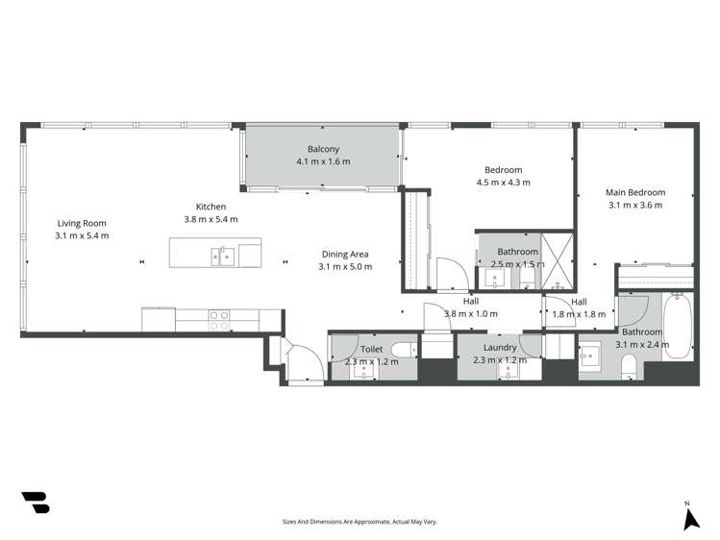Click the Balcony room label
324,149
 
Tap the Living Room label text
82,223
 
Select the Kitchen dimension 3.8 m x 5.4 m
211,219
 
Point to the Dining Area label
344,255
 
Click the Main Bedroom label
635,192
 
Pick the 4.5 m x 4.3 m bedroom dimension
504,183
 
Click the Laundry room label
501,348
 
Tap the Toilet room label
372,348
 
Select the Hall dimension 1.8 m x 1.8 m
579,314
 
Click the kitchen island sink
223,255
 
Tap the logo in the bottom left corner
35,502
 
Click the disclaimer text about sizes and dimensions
360,521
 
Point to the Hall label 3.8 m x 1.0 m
471,307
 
